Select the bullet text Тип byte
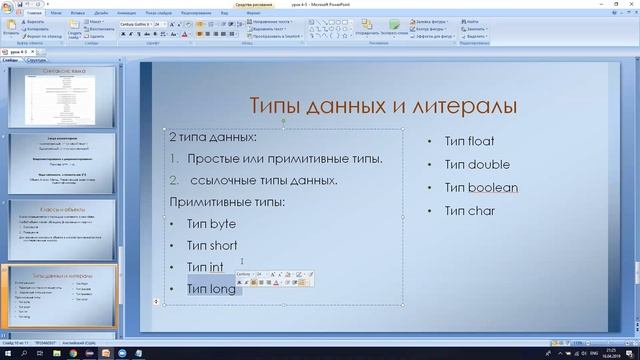pos(211,224)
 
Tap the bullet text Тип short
pos(211,245)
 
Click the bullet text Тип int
pos(205,267)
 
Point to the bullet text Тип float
pos(469,141)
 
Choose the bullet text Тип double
pos(477,164)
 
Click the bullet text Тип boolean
pos(481,187)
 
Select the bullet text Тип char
pos(469,210)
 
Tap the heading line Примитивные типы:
pos(227,202)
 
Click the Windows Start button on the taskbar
pos(7,353)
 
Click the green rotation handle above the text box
pos(284,118)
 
